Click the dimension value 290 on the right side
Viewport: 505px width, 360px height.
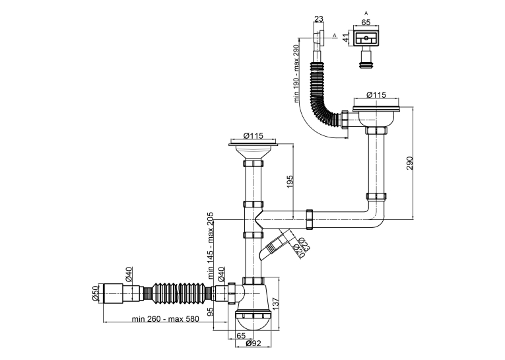click(409, 163)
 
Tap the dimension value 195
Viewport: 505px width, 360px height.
click(290, 182)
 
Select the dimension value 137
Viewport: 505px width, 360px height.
click(276, 303)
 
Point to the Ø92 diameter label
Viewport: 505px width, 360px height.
click(253, 343)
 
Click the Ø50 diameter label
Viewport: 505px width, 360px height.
click(95, 293)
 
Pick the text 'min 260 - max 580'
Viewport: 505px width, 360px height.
click(165, 319)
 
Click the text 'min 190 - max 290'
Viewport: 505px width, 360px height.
click(296, 73)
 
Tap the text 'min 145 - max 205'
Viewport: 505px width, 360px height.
click(211, 245)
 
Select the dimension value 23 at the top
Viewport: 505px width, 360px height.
click(319, 19)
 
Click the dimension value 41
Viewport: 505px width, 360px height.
click(345, 37)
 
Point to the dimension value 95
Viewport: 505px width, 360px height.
click(211, 312)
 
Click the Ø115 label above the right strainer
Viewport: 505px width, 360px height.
click(376, 94)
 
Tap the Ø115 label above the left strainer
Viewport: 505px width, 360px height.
click(253, 135)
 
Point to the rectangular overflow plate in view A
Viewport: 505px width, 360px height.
click(366, 38)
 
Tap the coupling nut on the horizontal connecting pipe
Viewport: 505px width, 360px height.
click(309, 219)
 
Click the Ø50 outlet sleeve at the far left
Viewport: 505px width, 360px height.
click(113, 293)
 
